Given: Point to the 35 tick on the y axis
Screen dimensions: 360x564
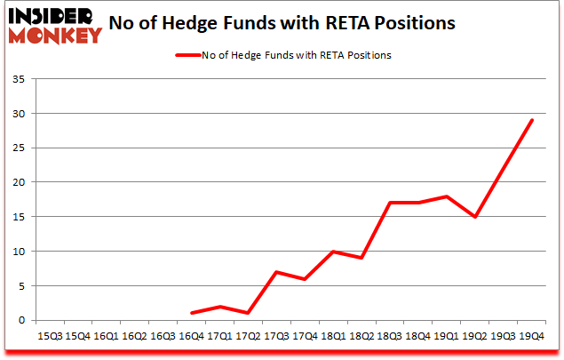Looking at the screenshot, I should pos(19,79).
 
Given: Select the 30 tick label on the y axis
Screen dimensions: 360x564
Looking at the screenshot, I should pos(19,114).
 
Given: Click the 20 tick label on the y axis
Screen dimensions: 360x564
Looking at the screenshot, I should pos(19,182).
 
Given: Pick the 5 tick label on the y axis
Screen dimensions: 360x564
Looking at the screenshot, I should pos(21,285).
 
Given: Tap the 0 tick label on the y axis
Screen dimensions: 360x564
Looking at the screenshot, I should pos(21,320).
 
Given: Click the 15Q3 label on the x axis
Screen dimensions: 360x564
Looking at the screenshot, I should pos(49,336).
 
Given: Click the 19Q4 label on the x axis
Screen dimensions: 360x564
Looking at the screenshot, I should pos(532,336).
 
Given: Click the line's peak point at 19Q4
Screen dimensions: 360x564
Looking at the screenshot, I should pos(532,120).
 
